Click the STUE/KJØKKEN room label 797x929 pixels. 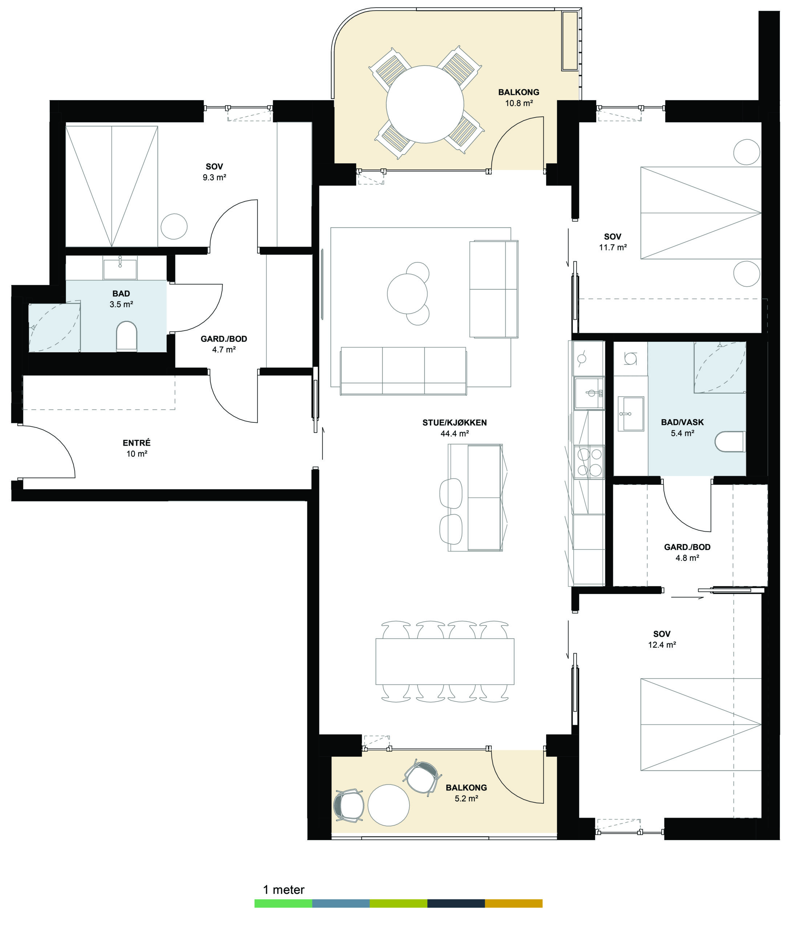click(454, 422)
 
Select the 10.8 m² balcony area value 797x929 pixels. click(519, 103)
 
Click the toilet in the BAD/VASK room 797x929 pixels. click(730, 442)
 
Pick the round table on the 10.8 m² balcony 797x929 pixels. click(425, 105)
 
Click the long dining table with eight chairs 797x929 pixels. click(444, 661)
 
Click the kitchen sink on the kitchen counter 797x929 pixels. click(589, 393)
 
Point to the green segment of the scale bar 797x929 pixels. click(283, 903)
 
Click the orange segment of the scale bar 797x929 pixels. click(513, 903)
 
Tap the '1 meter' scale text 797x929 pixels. click(284, 889)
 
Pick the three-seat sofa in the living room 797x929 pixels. click(403, 371)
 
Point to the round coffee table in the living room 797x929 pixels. click(407, 294)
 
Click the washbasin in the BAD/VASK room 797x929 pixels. click(631, 413)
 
